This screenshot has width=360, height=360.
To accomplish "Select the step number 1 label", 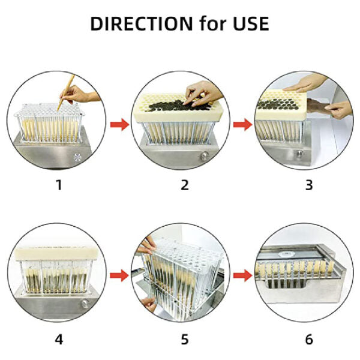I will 58,185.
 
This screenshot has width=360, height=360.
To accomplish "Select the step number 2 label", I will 185,185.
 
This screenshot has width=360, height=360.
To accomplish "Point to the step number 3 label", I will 309,185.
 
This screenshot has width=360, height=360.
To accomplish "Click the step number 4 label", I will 58,340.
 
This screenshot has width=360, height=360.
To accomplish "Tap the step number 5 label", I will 185,340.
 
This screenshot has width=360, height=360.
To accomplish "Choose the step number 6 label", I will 309,340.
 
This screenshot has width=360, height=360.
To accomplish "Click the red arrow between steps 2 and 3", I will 243,125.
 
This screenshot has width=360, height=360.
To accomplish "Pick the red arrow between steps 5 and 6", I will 243,275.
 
